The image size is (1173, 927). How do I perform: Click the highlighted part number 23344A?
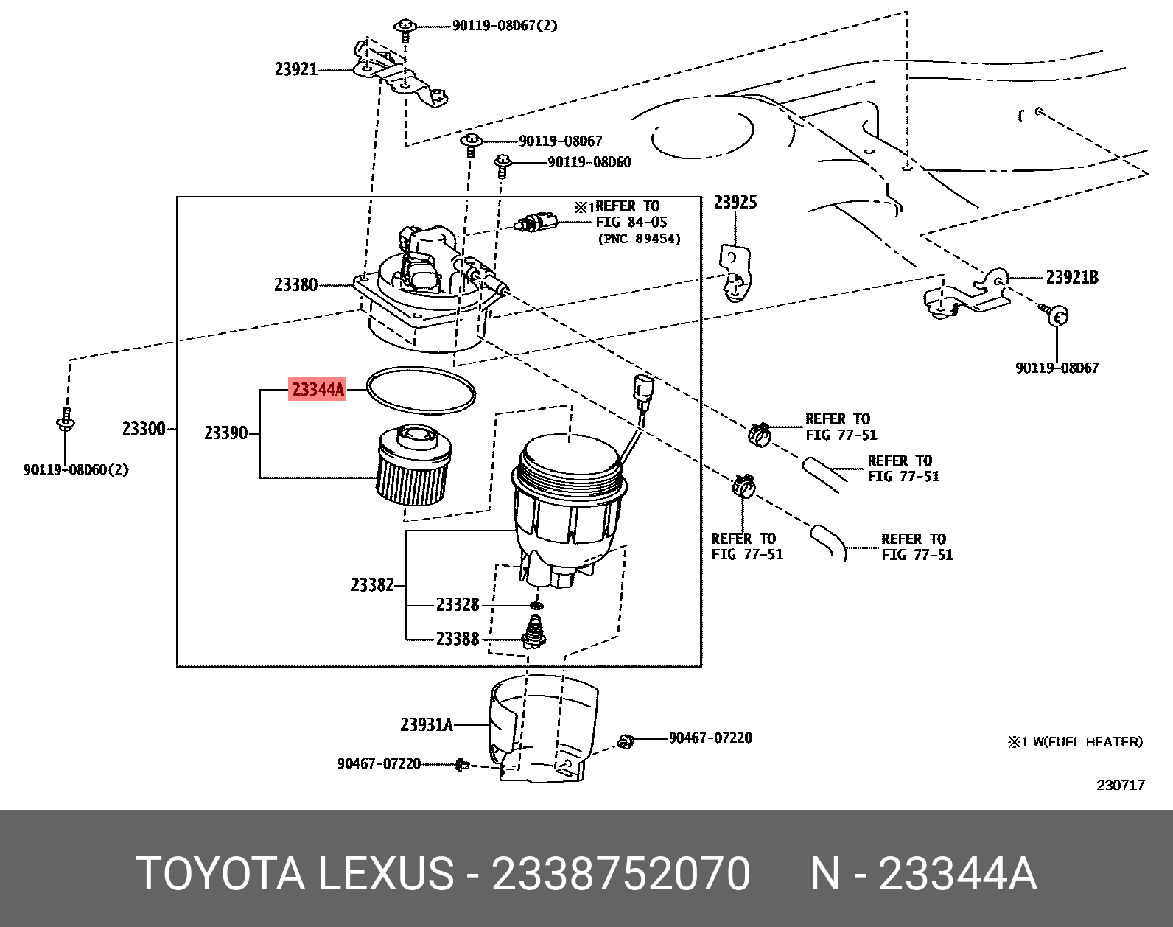point(317,388)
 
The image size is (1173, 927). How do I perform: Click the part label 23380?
point(295,284)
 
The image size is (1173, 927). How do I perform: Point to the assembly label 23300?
point(143,428)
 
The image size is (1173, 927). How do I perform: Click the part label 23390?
point(225,433)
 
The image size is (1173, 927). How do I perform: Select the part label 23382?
point(372,585)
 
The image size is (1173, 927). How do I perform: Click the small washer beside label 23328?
point(536,605)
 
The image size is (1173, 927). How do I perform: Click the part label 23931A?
point(426,724)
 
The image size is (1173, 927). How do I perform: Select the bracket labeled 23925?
point(735,273)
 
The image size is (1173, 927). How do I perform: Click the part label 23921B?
point(1072,277)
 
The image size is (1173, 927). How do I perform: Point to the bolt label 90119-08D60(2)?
point(76,469)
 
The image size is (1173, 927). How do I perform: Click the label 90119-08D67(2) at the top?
point(504,26)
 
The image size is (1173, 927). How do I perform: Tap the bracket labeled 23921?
point(398,74)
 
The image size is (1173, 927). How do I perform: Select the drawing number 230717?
point(1120,786)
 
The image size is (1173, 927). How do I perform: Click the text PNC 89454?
point(639,239)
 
